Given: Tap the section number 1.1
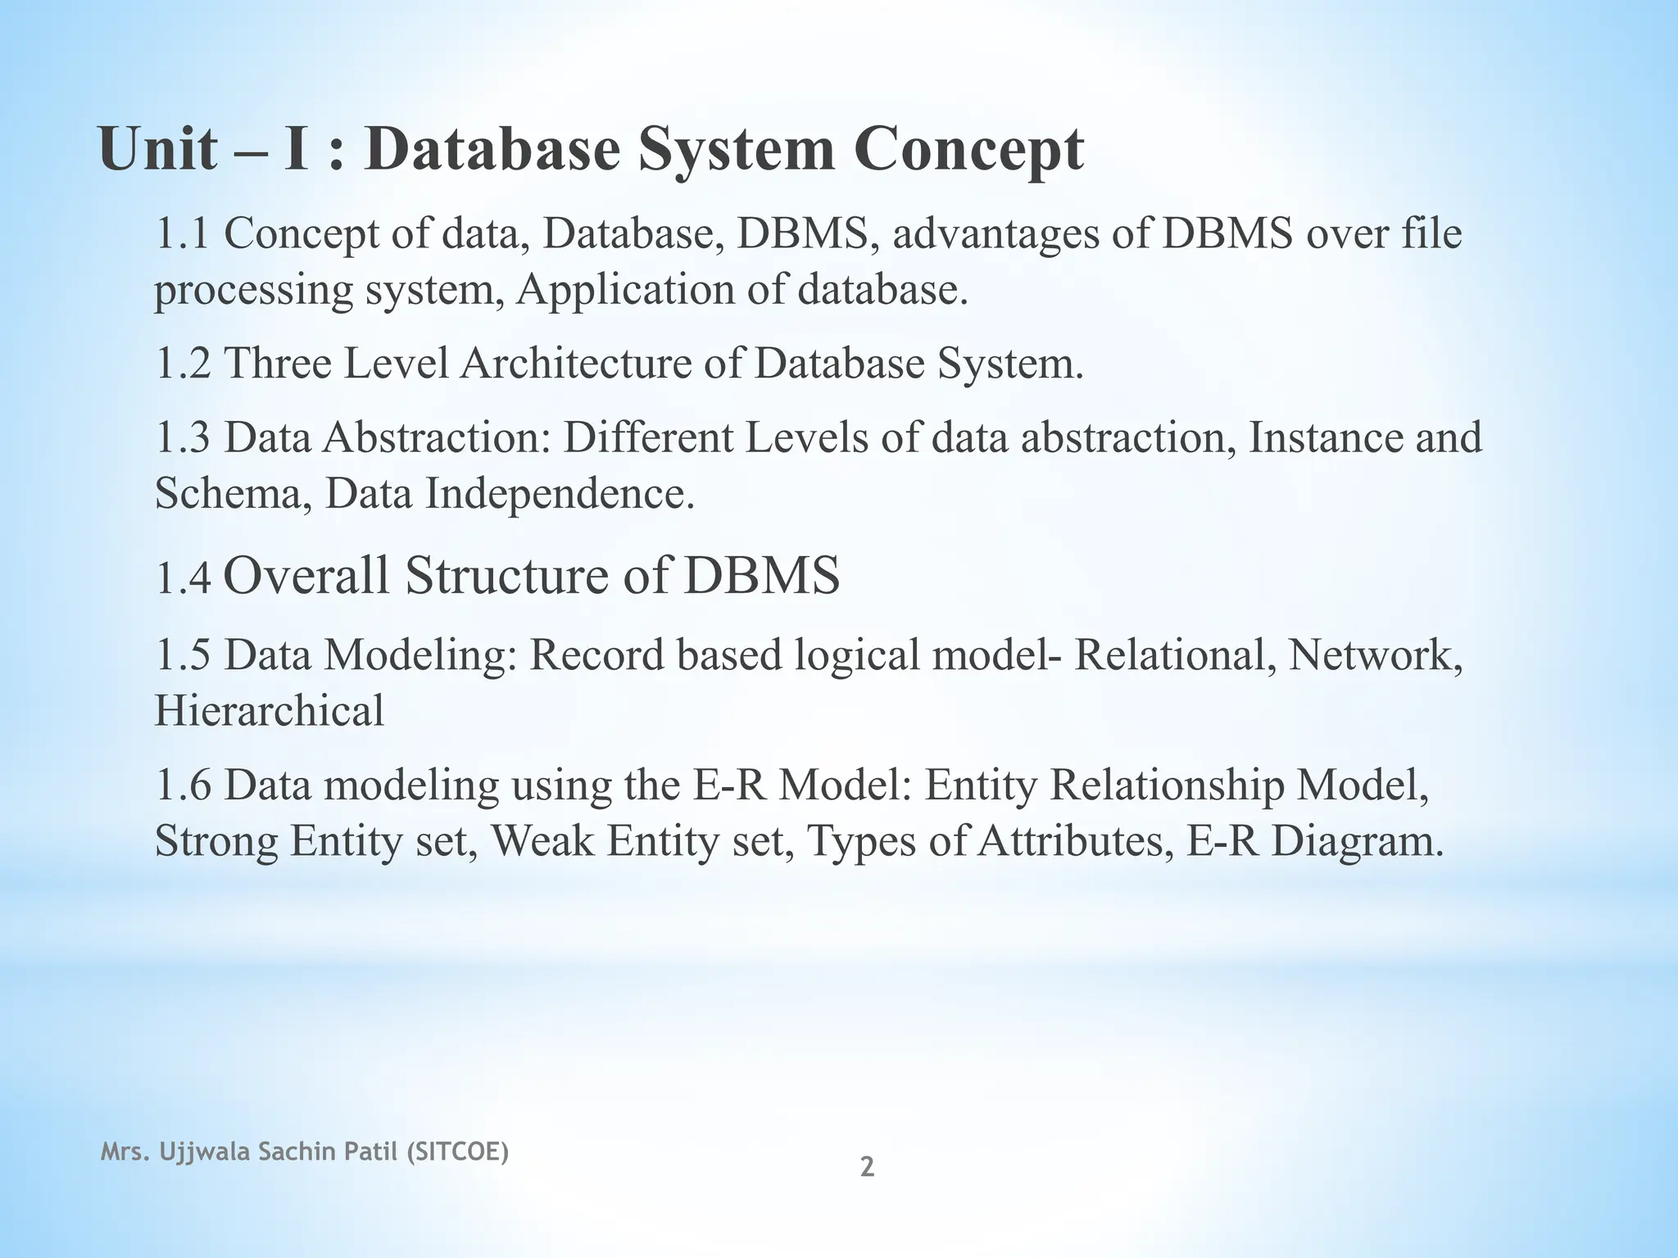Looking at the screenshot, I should click(183, 234).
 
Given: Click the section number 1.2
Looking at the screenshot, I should click(183, 364).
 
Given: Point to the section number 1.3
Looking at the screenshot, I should click(183, 437).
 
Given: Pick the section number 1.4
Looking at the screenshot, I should click(183, 578).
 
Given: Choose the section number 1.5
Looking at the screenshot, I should click(183, 655).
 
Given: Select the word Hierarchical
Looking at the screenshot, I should click(269, 710).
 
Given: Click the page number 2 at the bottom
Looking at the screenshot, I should click(866, 1167).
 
